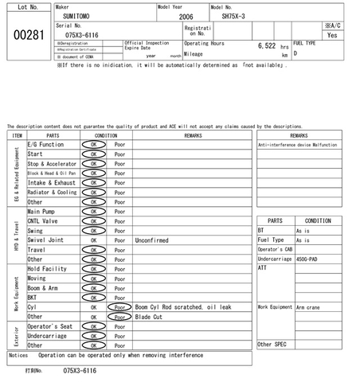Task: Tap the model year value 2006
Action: [x=186, y=16]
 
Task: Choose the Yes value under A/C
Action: [x=332, y=35]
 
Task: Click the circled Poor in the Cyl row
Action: [x=119, y=306]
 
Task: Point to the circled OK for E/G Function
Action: [x=93, y=145]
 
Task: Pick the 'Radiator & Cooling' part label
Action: [x=52, y=193]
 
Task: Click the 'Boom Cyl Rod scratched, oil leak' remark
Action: [x=183, y=306]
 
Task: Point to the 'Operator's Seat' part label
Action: [x=50, y=326]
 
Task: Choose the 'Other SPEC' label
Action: [x=271, y=344]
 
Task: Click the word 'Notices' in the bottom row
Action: [x=18, y=355]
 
